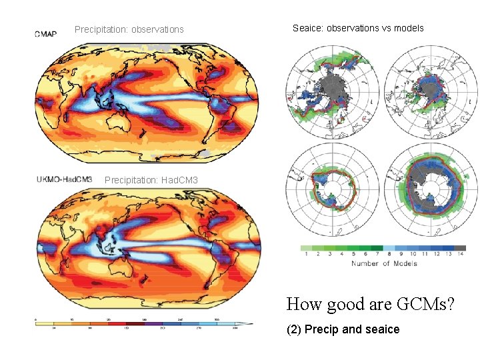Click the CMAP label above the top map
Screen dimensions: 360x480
click(x=46, y=34)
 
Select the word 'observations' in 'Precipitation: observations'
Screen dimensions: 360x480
click(x=157, y=29)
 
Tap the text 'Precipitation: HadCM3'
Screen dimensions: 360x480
click(x=151, y=181)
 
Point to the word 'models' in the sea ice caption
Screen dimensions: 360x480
click(x=409, y=28)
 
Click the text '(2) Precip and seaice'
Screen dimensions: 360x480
click(x=343, y=329)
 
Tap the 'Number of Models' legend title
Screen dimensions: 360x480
click(x=384, y=263)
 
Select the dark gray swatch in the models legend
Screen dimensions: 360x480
click(x=460, y=247)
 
